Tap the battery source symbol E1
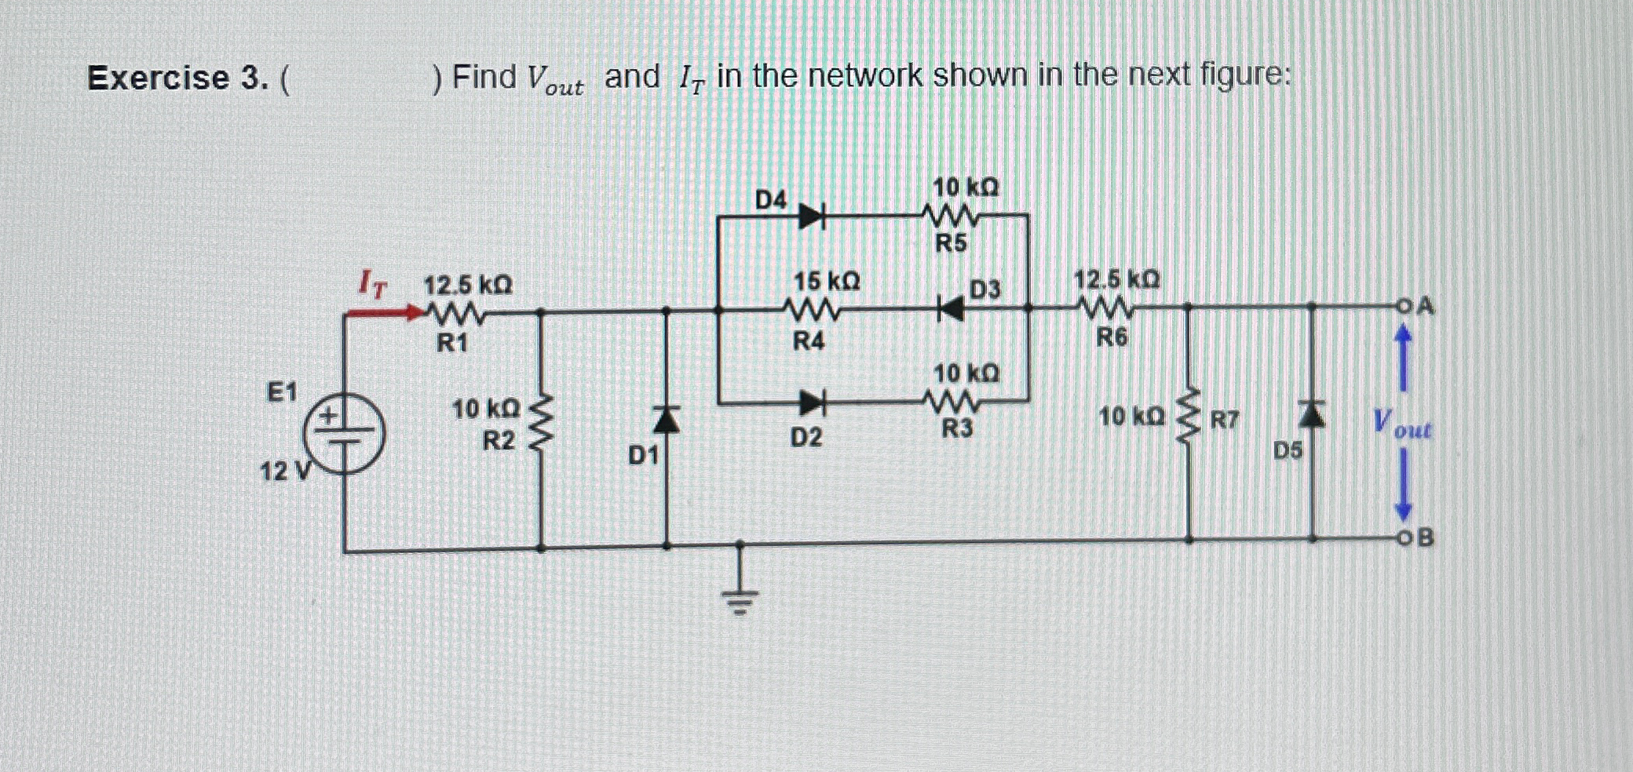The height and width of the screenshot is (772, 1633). [344, 434]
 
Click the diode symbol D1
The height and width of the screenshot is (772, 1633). [667, 421]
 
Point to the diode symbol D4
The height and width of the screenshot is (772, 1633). [811, 214]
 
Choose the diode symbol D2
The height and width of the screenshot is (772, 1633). [811, 403]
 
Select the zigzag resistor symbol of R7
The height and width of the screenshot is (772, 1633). [1188, 421]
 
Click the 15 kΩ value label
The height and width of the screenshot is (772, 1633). [826, 281]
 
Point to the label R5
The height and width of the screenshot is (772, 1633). [951, 244]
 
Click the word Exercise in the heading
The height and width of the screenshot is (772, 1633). [159, 78]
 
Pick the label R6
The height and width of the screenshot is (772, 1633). [1111, 338]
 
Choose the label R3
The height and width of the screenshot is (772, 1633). [957, 428]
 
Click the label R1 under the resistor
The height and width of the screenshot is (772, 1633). [452, 343]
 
